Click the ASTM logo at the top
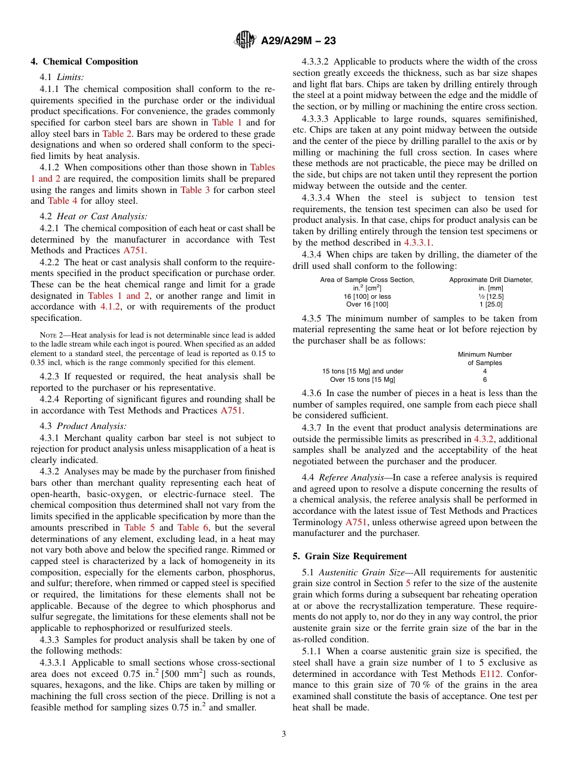(x=244, y=41)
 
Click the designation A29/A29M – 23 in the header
(x=298, y=41)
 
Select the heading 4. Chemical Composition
(x=84, y=62)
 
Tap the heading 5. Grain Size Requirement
(x=350, y=556)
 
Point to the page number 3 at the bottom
(x=284, y=734)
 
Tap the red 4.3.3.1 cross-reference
(x=417, y=243)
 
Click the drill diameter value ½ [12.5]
(x=490, y=296)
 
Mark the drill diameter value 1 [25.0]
(x=490, y=305)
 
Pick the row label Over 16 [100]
(x=367, y=305)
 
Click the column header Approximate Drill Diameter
(x=490, y=280)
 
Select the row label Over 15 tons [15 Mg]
(x=362, y=379)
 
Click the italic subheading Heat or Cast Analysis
(x=102, y=216)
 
